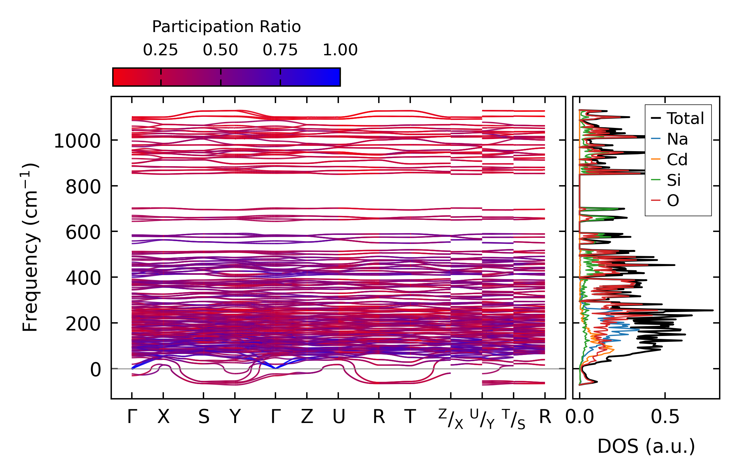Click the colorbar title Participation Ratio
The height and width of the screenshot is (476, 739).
point(226,27)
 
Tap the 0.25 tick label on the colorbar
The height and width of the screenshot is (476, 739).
point(160,50)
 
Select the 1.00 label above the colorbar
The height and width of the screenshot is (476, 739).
point(340,50)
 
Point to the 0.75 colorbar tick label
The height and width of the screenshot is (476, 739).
point(280,50)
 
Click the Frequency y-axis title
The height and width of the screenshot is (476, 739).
point(30,247)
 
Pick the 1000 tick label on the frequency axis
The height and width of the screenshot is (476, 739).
point(77,142)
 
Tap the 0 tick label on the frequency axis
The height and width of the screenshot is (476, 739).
point(96,370)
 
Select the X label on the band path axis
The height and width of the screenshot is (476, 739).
point(163,417)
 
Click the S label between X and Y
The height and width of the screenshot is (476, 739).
point(203,417)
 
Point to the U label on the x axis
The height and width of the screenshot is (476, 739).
point(339,417)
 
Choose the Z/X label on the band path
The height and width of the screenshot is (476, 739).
point(451,419)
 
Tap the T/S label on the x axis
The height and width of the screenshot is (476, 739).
point(514,419)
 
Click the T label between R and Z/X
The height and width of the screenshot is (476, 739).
point(410,417)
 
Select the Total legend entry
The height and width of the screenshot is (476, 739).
point(685,118)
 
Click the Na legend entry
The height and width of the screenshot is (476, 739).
point(677,139)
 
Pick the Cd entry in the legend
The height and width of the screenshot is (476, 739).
point(677,160)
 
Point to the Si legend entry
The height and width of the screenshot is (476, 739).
point(674,180)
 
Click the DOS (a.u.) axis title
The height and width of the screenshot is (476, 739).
point(646,447)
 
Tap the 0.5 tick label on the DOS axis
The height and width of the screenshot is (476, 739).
point(665,417)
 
